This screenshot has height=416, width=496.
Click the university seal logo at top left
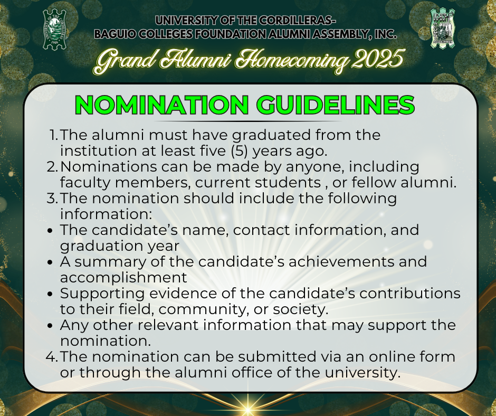pos(55,29)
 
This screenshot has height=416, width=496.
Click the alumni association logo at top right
pos(443,28)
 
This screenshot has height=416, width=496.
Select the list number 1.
pos(54,135)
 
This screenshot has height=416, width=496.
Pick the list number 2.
pos(53,167)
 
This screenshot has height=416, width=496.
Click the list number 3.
pos(53,198)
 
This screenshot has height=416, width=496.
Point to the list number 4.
pos(52,357)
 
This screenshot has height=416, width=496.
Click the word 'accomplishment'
pos(123,278)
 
